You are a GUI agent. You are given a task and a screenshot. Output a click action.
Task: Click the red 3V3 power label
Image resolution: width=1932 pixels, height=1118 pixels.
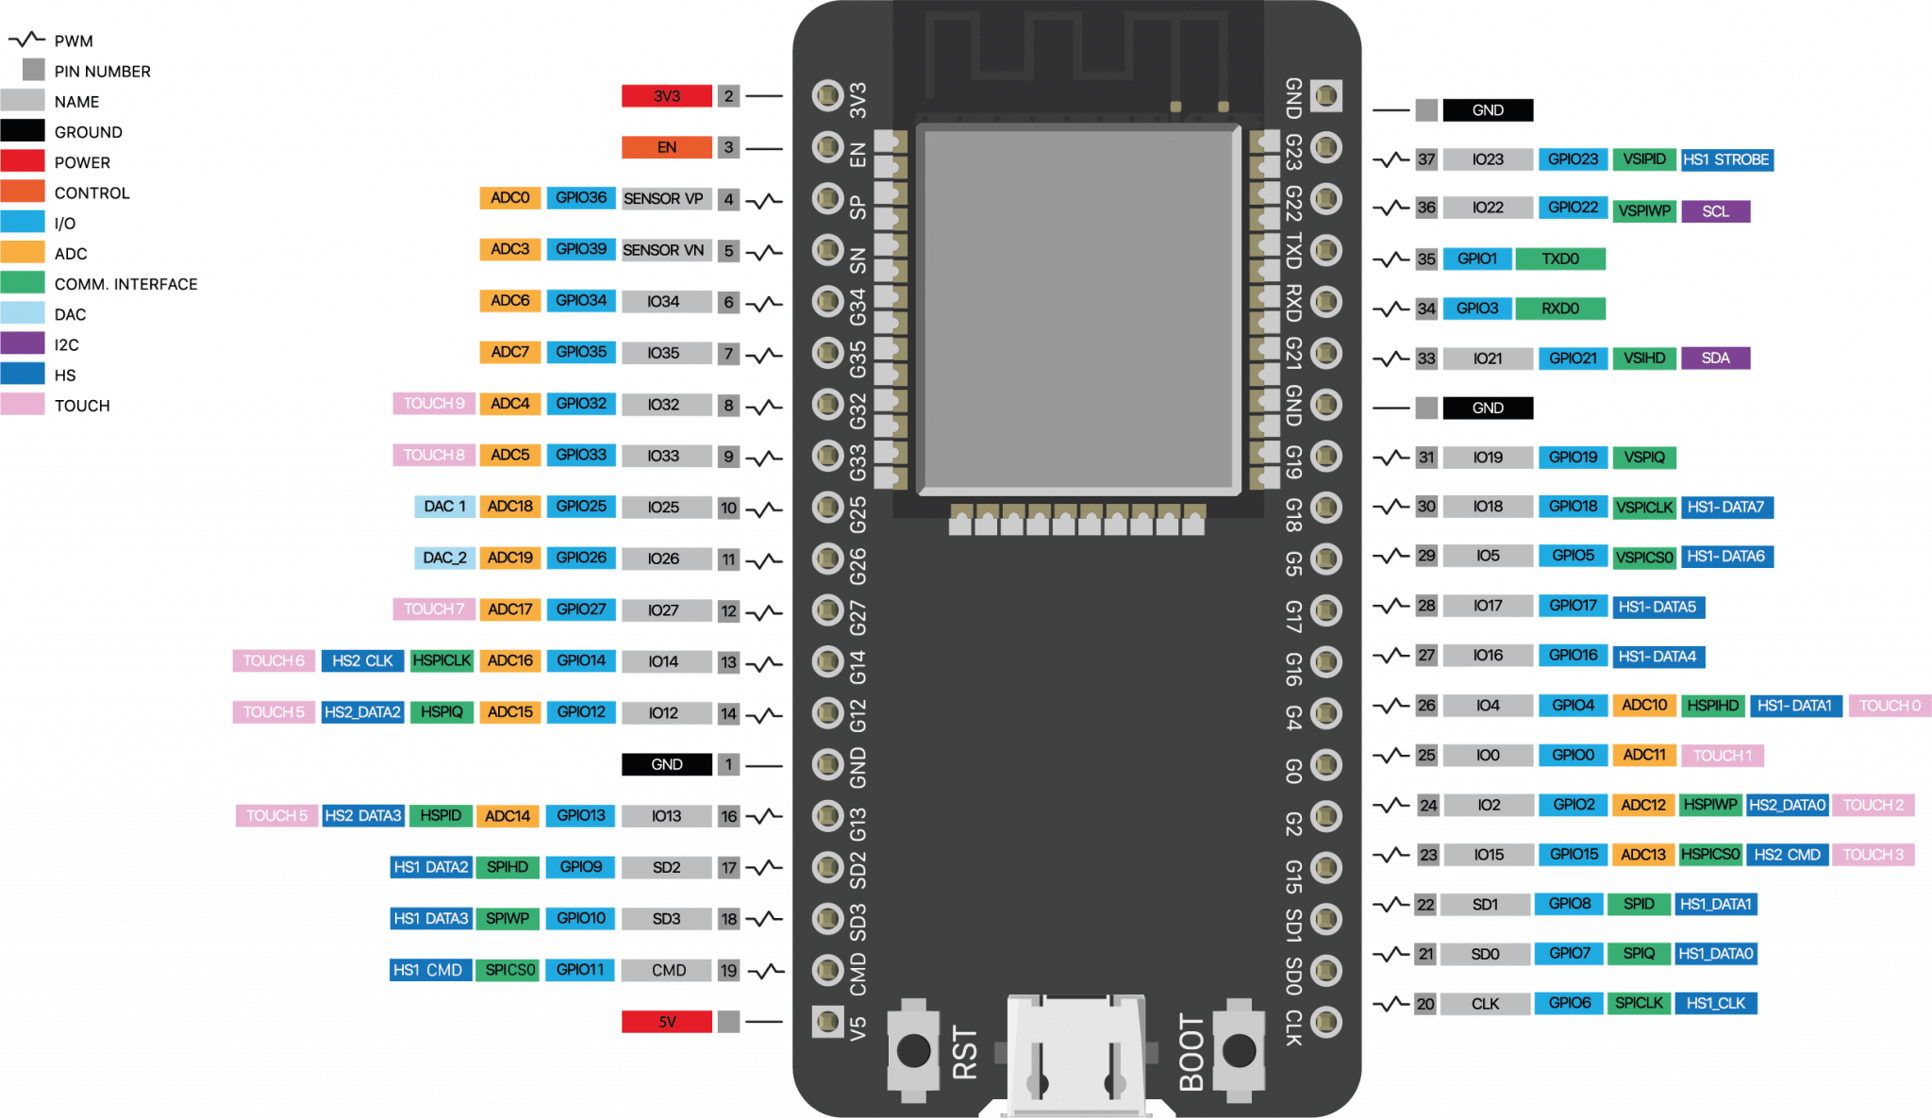(667, 96)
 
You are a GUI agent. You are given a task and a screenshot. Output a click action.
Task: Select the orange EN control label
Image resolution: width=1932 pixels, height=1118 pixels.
(667, 147)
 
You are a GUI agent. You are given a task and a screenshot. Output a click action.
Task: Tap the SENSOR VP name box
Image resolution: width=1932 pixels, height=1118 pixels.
(663, 199)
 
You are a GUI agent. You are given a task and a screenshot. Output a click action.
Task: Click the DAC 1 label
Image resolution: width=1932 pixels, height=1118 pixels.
(444, 507)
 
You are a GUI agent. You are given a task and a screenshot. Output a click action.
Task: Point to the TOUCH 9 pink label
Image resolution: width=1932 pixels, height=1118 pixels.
(434, 404)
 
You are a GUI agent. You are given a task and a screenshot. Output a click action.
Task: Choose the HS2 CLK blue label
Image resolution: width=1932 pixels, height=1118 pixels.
(362, 660)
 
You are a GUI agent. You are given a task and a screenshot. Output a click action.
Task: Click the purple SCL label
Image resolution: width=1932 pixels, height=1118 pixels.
(1715, 211)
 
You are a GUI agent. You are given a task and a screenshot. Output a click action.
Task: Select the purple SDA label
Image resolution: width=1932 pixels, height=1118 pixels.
(1715, 359)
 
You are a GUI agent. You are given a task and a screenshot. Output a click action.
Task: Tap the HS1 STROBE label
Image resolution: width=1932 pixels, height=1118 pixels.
(1726, 160)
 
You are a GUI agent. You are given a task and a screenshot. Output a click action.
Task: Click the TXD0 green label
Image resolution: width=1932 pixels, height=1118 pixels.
(1560, 259)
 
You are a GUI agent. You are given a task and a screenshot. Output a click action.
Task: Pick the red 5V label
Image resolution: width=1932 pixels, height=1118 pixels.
(667, 1022)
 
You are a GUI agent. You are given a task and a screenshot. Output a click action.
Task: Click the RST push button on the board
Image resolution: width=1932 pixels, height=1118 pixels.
(913, 1049)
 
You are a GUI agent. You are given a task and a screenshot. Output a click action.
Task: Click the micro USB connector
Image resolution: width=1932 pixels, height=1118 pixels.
(1076, 1057)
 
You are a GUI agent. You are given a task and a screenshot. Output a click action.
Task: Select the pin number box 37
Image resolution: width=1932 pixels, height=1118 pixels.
(1426, 160)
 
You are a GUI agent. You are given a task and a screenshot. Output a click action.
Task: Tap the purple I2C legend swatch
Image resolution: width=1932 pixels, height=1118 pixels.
(23, 344)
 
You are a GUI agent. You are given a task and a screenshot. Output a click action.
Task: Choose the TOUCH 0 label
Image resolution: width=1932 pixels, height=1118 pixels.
(1890, 706)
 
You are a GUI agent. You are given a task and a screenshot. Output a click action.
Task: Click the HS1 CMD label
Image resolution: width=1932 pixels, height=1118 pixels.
(429, 970)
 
